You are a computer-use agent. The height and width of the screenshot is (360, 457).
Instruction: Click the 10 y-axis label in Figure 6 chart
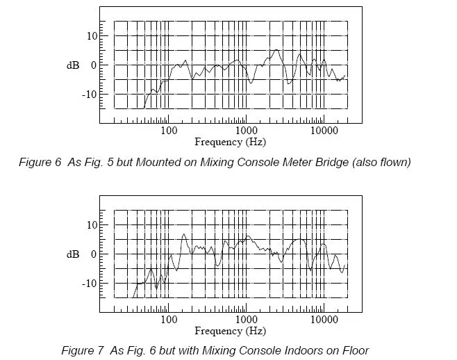coord(92,36)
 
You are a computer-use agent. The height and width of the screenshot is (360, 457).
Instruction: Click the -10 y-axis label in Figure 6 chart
coord(89,95)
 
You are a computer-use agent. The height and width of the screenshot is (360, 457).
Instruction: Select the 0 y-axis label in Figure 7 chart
coord(94,254)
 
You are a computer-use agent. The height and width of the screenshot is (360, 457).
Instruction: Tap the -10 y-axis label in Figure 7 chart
coord(89,284)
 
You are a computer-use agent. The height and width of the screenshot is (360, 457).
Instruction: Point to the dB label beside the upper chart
coord(73,65)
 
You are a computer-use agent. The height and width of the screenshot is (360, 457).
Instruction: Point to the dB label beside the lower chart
coord(73,254)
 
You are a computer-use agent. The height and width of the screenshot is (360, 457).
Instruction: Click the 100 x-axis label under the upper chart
coord(169,131)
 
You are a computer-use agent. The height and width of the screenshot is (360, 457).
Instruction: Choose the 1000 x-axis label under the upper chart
coord(247,131)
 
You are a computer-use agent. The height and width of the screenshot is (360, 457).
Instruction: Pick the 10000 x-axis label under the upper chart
coord(324,131)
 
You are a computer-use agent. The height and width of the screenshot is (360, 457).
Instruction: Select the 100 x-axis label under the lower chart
coord(169,320)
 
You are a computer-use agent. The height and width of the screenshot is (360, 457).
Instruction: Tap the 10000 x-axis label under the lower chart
coord(324,320)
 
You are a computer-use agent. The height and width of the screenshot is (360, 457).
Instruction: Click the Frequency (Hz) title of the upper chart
coord(231,142)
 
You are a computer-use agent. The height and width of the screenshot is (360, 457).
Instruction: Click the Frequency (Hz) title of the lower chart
coord(231,331)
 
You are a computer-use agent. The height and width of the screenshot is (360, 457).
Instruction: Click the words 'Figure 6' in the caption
coord(40,162)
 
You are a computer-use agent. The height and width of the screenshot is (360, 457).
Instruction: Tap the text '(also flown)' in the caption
coord(381,162)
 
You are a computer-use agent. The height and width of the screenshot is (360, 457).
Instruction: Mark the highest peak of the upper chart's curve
coord(276,50)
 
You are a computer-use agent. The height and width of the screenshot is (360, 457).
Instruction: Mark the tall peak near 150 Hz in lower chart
coord(183,234)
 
